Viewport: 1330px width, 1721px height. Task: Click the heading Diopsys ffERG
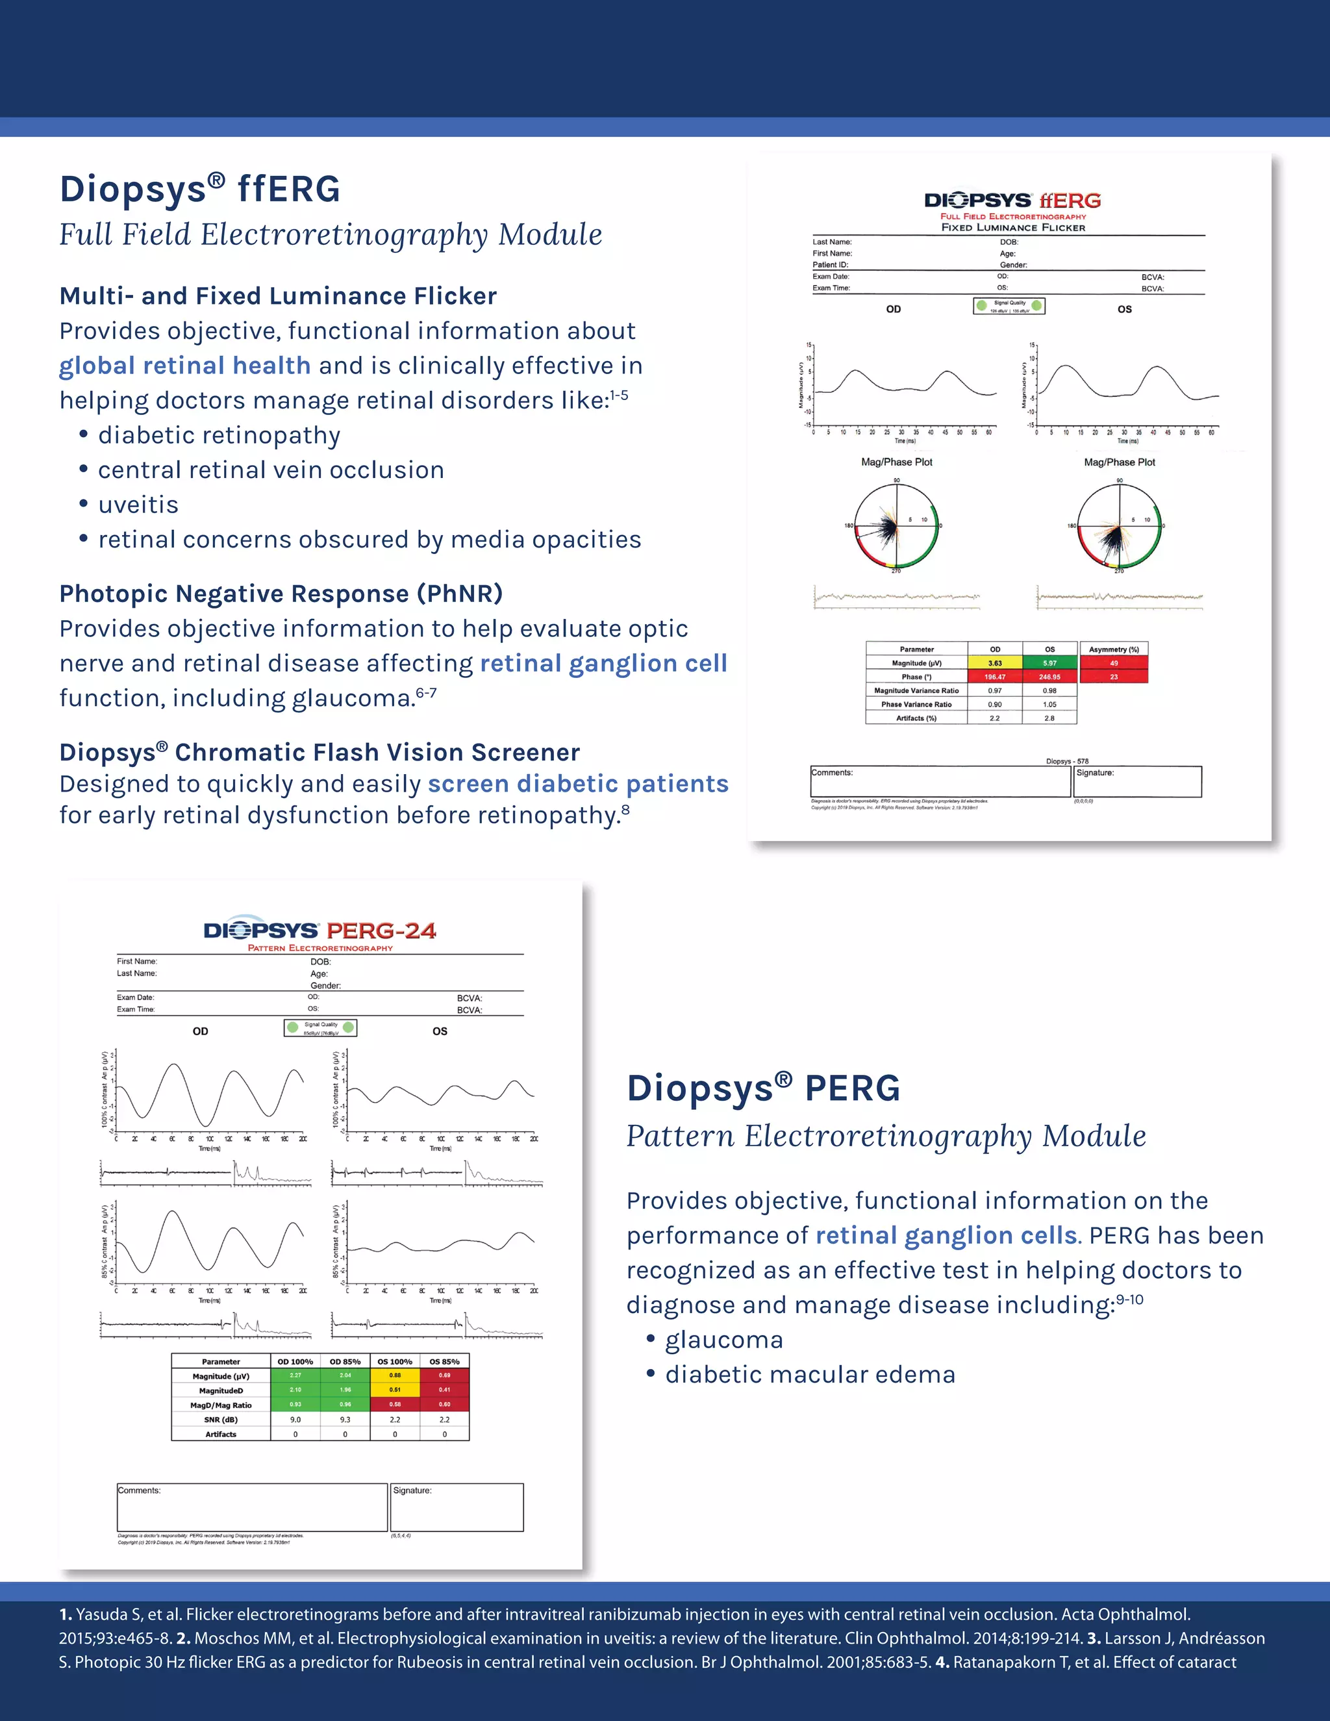pos(200,190)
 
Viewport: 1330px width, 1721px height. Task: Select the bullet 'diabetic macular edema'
pos(809,1374)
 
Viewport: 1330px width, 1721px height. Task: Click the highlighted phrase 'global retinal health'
pos(185,366)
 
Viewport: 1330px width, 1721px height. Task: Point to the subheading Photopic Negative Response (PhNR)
pos(281,594)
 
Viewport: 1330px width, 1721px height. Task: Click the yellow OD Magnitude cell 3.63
pos(994,662)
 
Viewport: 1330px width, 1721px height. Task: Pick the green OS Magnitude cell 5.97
pos(1049,662)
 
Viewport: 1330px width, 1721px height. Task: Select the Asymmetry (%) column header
pos(1113,649)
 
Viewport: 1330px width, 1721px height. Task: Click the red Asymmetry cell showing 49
pos(1113,662)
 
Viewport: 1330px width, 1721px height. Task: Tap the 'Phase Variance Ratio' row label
pos(916,705)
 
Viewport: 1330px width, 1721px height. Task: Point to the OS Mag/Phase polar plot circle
pos(1119,525)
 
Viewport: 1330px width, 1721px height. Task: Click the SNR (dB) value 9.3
pos(345,1419)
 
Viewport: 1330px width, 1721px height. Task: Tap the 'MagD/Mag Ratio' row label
pos(221,1405)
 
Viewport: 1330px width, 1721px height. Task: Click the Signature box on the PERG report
pos(457,1507)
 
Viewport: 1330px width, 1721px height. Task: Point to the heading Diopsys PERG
pos(762,1088)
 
